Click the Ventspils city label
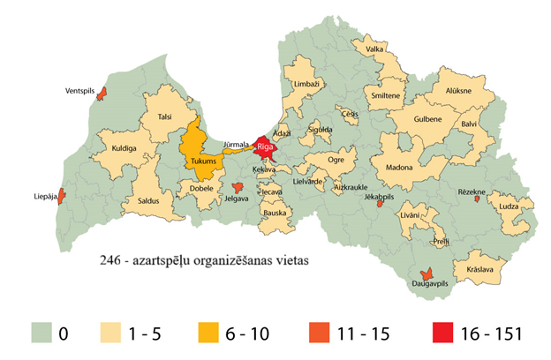coord(81,91)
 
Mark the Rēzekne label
coord(473,191)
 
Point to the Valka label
coord(374,50)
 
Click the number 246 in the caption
coord(110,262)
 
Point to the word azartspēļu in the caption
coord(163,262)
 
